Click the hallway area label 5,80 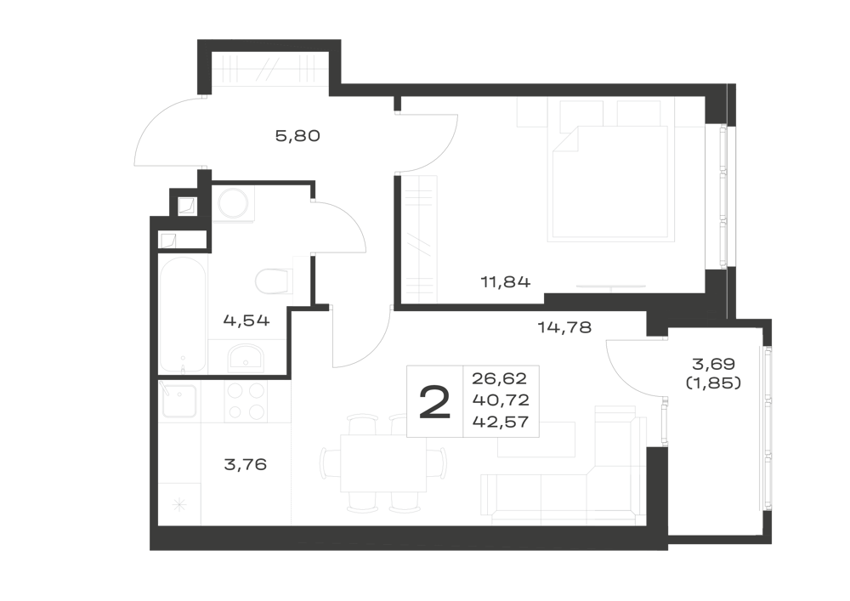[x=297, y=135]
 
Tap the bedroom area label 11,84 [x=505, y=282]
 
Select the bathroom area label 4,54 [x=246, y=320]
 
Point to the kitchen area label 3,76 [x=245, y=464]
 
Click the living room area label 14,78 [x=564, y=327]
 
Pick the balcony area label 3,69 [x=713, y=363]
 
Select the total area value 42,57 [x=501, y=422]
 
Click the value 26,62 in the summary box [x=499, y=377]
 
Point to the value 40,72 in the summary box [x=501, y=400]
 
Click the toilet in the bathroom [x=274, y=281]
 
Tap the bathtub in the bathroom [x=183, y=315]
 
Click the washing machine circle [x=233, y=204]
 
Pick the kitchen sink [x=178, y=401]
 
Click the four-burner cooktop [x=246, y=401]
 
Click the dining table [x=383, y=463]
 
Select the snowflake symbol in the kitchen [x=178, y=506]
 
